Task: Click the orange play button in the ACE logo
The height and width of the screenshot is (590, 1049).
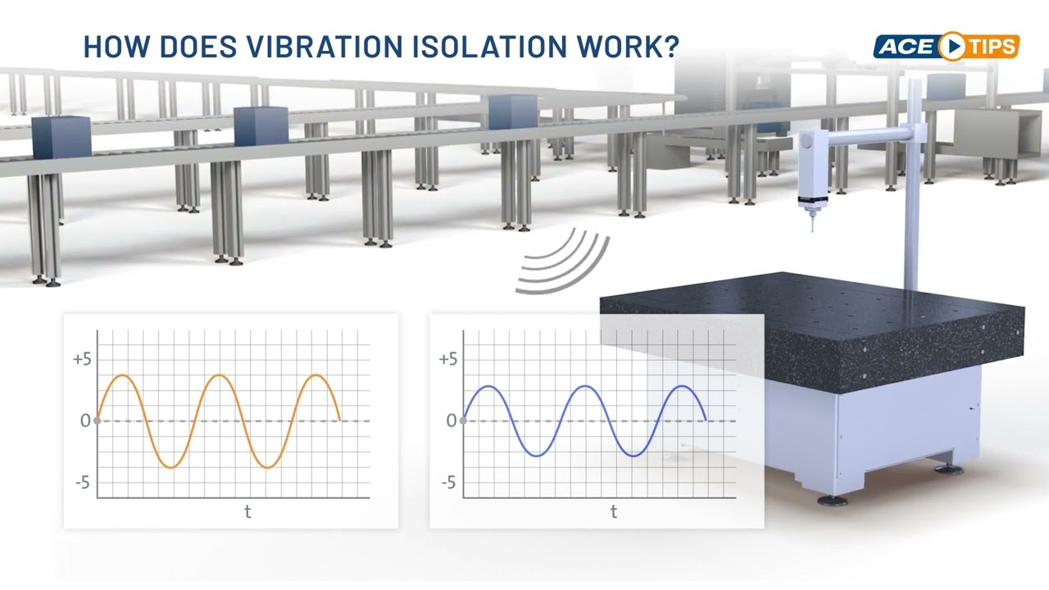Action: [951, 47]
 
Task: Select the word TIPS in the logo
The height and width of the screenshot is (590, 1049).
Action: [990, 47]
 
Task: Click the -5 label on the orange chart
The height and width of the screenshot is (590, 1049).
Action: [82, 483]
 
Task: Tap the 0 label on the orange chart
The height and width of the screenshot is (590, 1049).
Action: [84, 421]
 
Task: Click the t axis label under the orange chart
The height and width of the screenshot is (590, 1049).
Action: [247, 512]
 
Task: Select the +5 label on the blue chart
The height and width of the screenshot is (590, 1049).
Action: [447, 360]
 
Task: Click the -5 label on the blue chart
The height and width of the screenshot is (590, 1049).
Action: [448, 483]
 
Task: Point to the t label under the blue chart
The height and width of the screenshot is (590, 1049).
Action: [614, 512]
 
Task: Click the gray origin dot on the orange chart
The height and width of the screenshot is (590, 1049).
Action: [98, 421]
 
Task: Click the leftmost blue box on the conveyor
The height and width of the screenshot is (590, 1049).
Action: [61, 135]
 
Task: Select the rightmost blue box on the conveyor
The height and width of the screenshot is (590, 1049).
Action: [513, 111]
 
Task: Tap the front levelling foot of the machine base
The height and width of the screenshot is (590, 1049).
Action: [832, 499]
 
